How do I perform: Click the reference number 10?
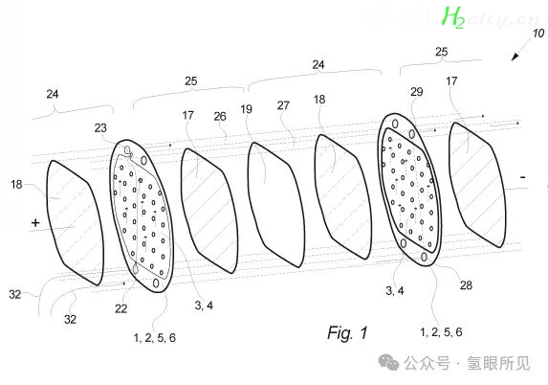[538, 34]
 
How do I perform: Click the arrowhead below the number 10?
[515, 57]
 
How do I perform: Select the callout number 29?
[417, 92]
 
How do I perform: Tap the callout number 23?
[100, 128]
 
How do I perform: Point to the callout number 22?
[121, 308]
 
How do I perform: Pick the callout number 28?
[466, 285]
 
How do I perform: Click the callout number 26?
[220, 117]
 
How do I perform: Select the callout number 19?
[246, 109]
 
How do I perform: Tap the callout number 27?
[283, 105]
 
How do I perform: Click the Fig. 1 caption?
[347, 332]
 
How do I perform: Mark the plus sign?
[35, 222]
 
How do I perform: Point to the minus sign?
[523, 177]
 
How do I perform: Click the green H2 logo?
[453, 17]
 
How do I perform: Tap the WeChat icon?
[388, 362]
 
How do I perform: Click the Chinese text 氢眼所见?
[498, 363]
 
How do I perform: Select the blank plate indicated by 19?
[275, 205]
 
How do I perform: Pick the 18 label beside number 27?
[319, 100]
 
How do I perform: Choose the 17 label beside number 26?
[188, 115]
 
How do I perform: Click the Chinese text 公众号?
[427, 363]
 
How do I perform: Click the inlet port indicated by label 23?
[128, 151]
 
